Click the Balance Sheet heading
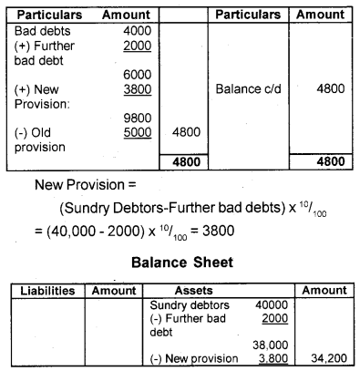[x=180, y=263]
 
